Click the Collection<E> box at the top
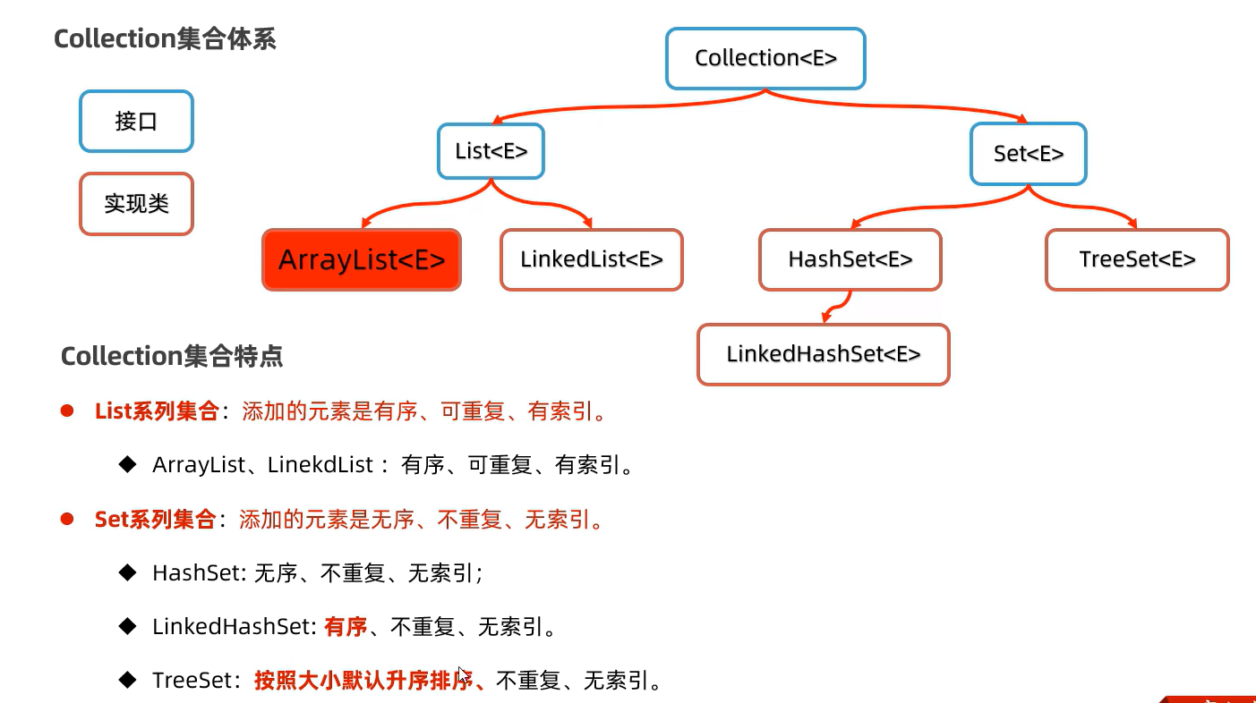point(765,59)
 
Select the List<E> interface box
point(491,151)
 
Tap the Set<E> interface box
point(1028,154)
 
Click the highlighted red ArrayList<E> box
point(362,260)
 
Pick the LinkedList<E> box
point(591,260)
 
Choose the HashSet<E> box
point(850,260)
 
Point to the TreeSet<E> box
point(1137,260)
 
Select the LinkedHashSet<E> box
point(823,354)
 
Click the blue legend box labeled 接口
point(136,122)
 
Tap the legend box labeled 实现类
point(136,204)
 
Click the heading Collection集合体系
point(165,39)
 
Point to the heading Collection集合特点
point(172,357)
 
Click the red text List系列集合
point(157,412)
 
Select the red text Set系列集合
point(155,520)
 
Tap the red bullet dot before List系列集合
point(66,411)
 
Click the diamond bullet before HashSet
point(127,572)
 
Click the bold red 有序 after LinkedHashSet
point(346,627)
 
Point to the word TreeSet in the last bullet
point(187,681)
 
